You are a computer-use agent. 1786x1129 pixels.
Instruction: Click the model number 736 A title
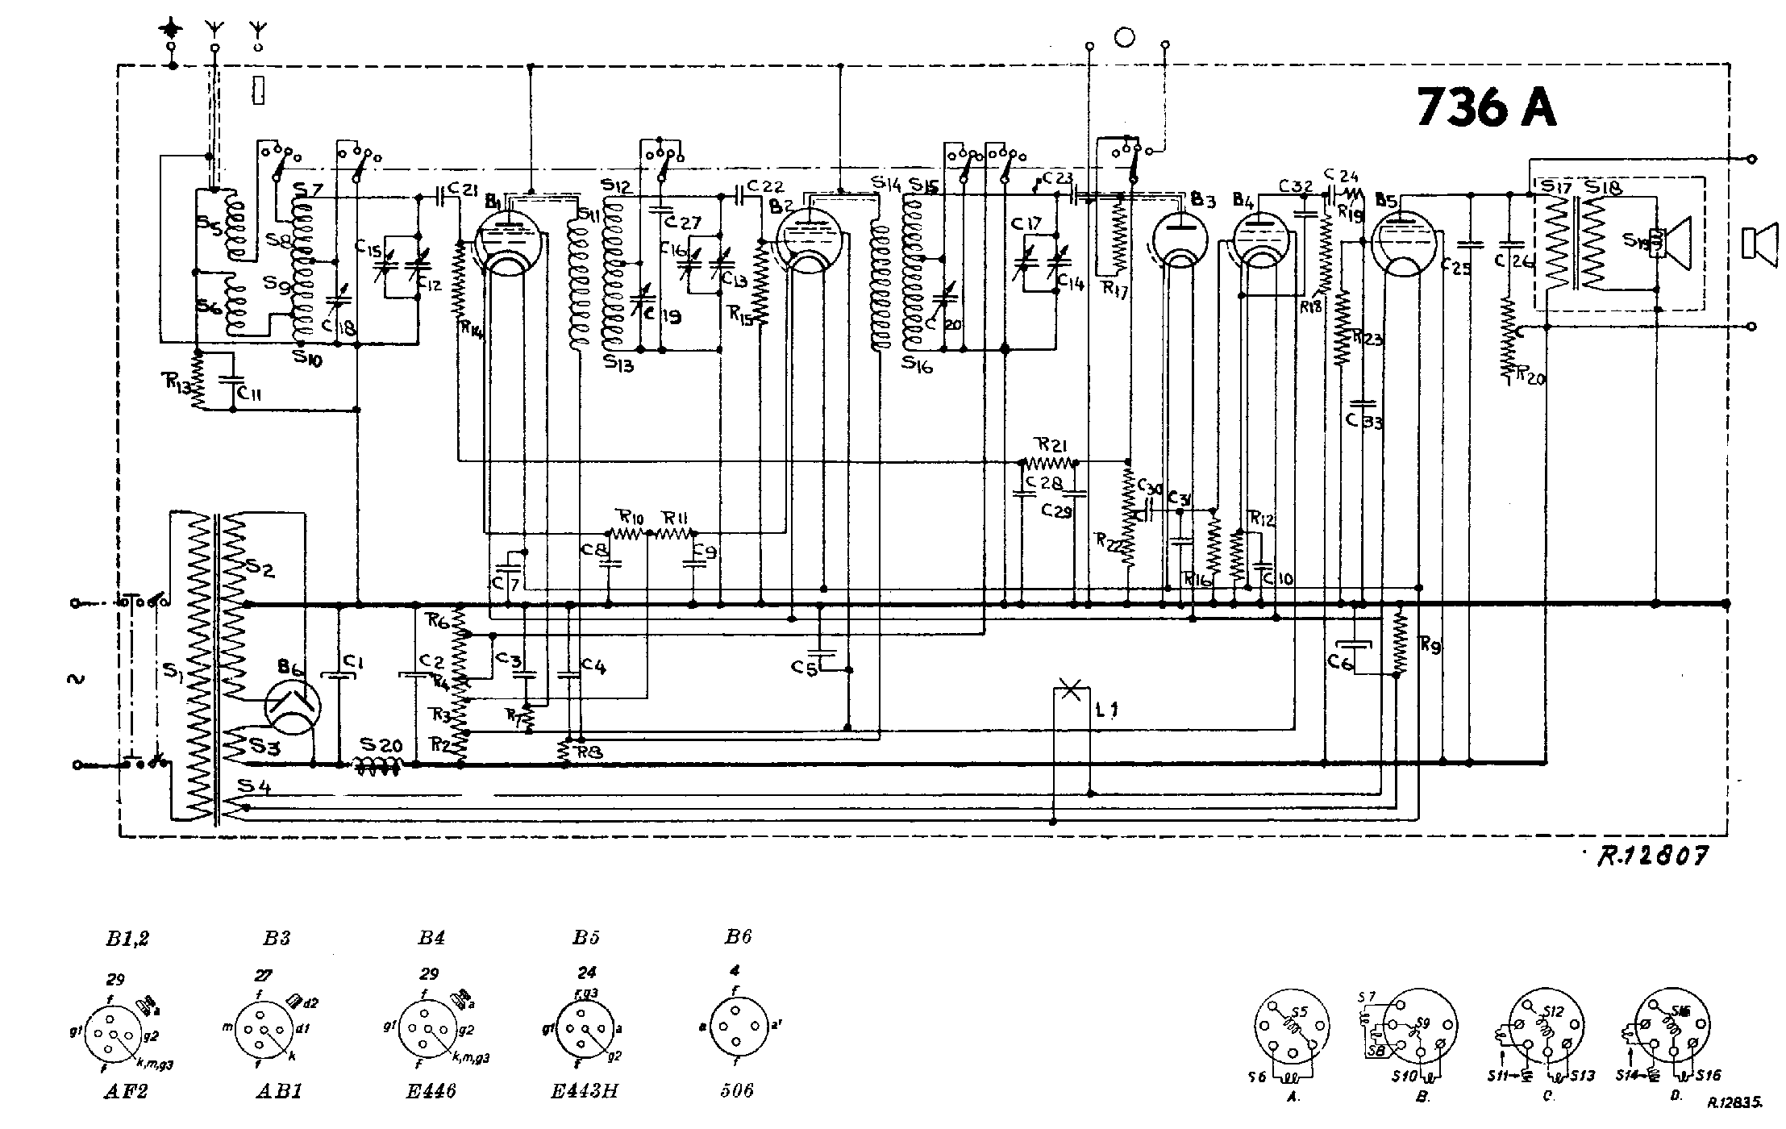pyautogui.click(x=1485, y=107)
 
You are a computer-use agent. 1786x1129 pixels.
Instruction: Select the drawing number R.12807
pyautogui.click(x=1654, y=856)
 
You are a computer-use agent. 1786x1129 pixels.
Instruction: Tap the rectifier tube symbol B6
pyautogui.click(x=292, y=706)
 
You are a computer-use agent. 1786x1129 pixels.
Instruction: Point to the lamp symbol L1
pyautogui.click(x=1072, y=691)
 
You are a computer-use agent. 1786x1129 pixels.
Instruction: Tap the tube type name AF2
pyautogui.click(x=126, y=1091)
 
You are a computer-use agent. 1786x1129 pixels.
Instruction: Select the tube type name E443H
pyautogui.click(x=585, y=1091)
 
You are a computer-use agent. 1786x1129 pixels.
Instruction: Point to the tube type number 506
pyautogui.click(x=737, y=1091)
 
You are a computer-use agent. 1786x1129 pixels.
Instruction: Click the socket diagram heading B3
pyautogui.click(x=276, y=938)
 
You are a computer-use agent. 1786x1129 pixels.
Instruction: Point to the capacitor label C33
pyautogui.click(x=1363, y=421)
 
